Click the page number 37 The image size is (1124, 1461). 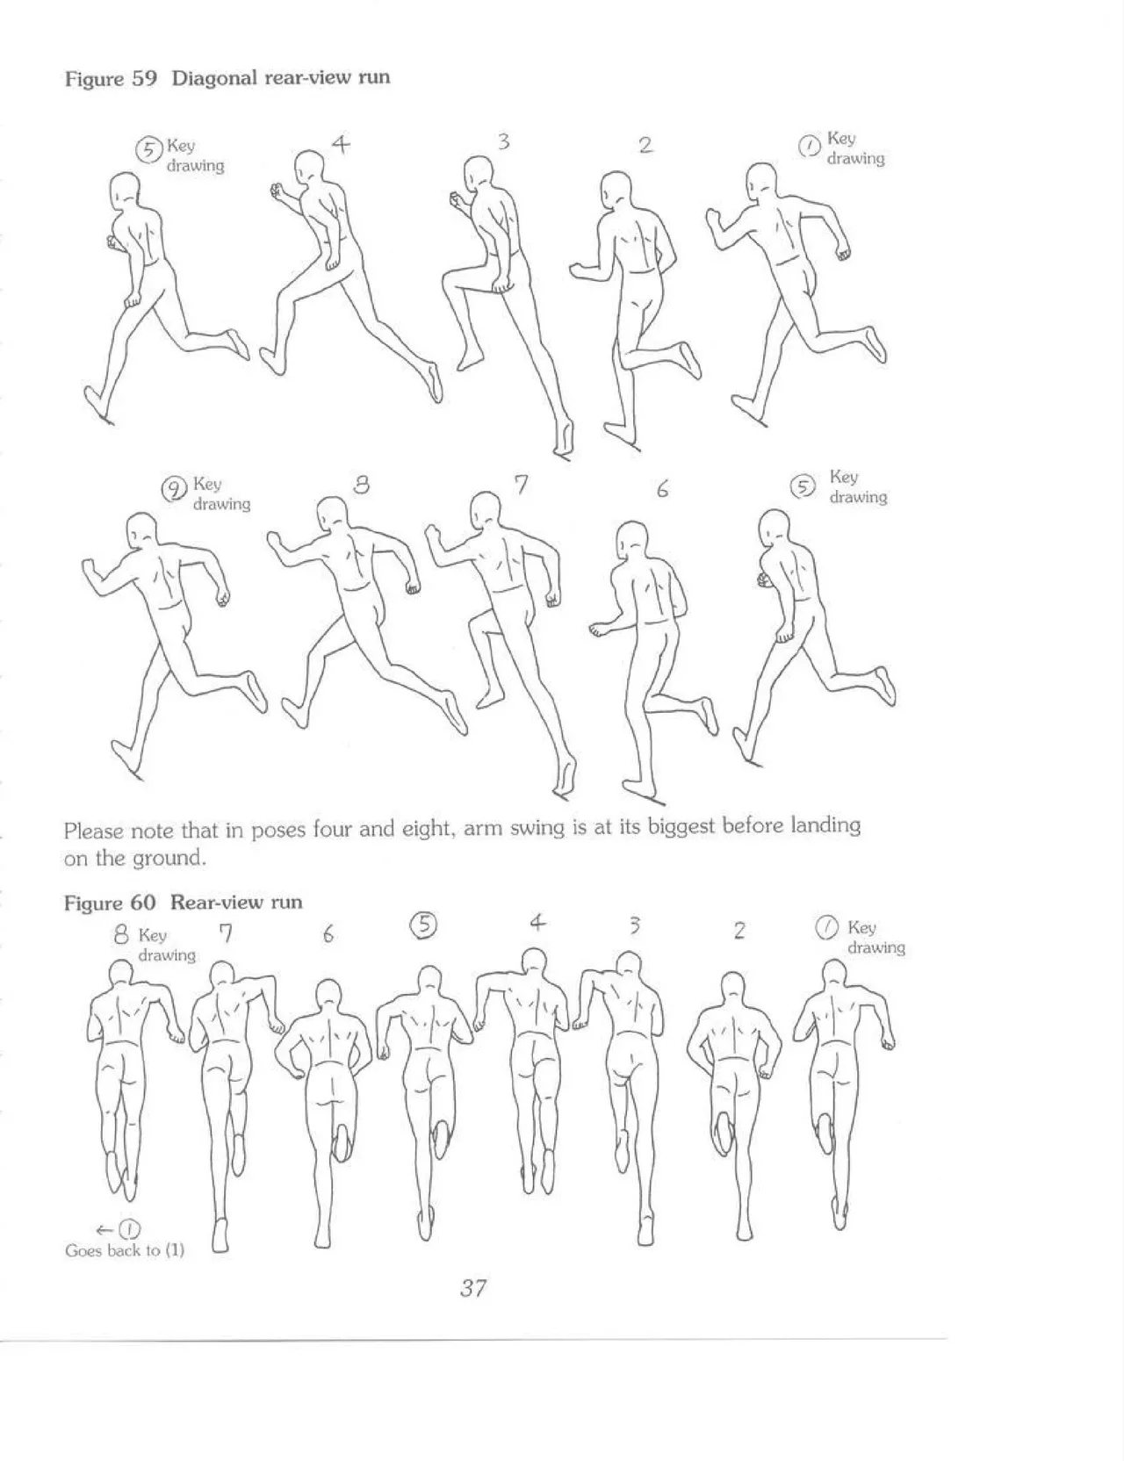(x=472, y=1288)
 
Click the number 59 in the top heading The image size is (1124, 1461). (x=144, y=78)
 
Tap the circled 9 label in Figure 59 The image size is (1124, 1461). (x=176, y=489)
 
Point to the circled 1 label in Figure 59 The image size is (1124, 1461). (x=809, y=146)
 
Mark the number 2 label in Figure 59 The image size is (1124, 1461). (x=645, y=146)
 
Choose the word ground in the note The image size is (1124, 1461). (x=174, y=858)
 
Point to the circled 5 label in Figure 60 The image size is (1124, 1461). (x=424, y=925)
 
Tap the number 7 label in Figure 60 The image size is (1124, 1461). (x=226, y=933)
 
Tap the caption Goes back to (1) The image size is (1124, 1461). (x=125, y=1250)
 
